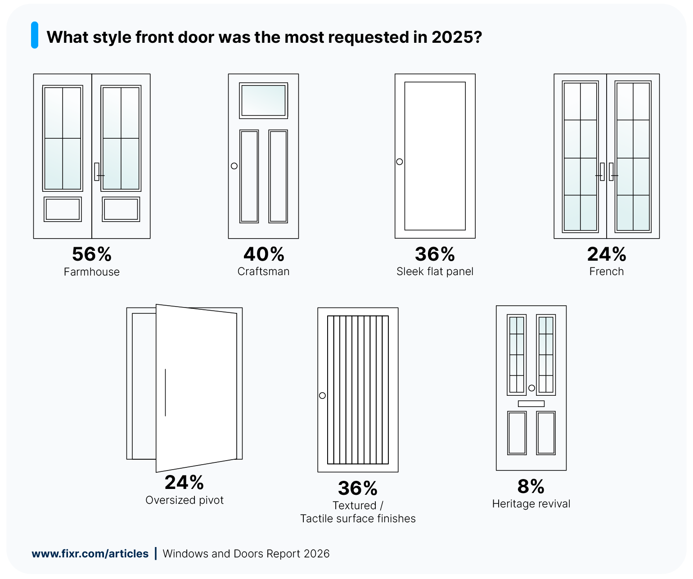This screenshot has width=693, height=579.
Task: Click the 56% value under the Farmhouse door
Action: [92, 254]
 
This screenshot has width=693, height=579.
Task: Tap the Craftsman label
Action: [263, 271]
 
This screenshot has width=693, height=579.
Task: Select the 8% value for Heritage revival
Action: [531, 487]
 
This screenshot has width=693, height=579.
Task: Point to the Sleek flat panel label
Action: [435, 271]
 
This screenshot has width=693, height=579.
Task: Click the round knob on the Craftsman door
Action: [234, 166]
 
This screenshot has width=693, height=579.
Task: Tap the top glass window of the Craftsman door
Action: [263, 100]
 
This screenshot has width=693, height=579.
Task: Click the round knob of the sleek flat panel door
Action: [400, 162]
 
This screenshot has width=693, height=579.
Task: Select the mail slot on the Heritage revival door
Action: [531, 403]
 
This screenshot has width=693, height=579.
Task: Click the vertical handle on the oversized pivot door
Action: [166, 392]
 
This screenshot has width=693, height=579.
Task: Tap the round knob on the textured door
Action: [322, 395]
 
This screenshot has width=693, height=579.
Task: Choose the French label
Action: [606, 271]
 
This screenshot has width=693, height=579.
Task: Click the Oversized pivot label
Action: [184, 500]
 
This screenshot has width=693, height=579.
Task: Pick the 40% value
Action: [264, 254]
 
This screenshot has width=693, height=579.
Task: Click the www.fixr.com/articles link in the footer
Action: [90, 554]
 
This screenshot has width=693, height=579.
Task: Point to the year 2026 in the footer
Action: [317, 554]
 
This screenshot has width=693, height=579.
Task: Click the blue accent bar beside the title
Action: [35, 35]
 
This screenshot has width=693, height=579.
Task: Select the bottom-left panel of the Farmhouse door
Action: [63, 209]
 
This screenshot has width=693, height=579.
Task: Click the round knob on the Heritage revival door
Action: [531, 388]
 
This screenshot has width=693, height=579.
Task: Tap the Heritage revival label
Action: [531, 504]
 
